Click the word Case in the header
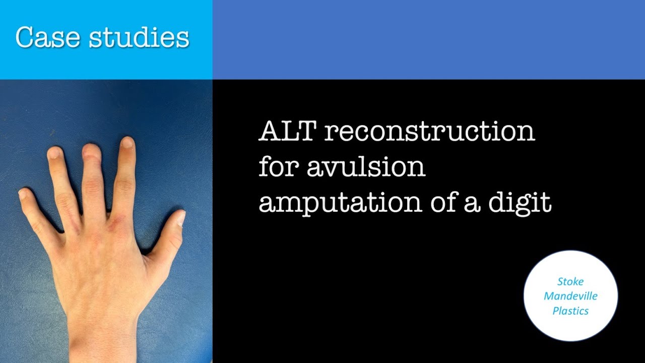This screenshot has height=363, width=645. pyautogui.click(x=48, y=37)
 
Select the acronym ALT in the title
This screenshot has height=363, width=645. pyautogui.click(x=287, y=132)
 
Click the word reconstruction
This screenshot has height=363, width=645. pyautogui.click(x=429, y=132)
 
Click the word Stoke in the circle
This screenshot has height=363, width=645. pyautogui.click(x=570, y=281)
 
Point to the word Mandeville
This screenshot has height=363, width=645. pyautogui.click(x=570, y=296)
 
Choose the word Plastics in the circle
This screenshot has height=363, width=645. pyautogui.click(x=570, y=311)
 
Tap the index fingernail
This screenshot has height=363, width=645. pyautogui.click(x=127, y=143)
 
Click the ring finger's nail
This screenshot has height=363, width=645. pyautogui.click(x=54, y=153)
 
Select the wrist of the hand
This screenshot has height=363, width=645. pyautogui.click(x=103, y=328)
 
